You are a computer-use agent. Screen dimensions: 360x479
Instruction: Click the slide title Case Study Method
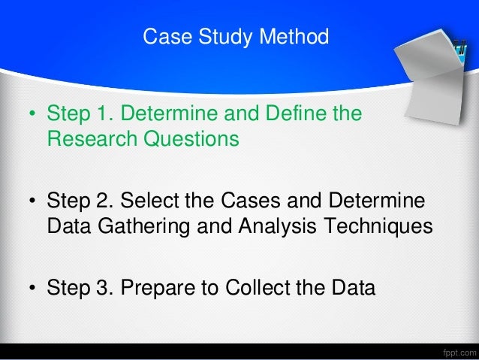236,36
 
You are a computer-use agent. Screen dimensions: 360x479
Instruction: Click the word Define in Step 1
297,116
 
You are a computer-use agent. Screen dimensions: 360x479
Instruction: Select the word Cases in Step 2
244,202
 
